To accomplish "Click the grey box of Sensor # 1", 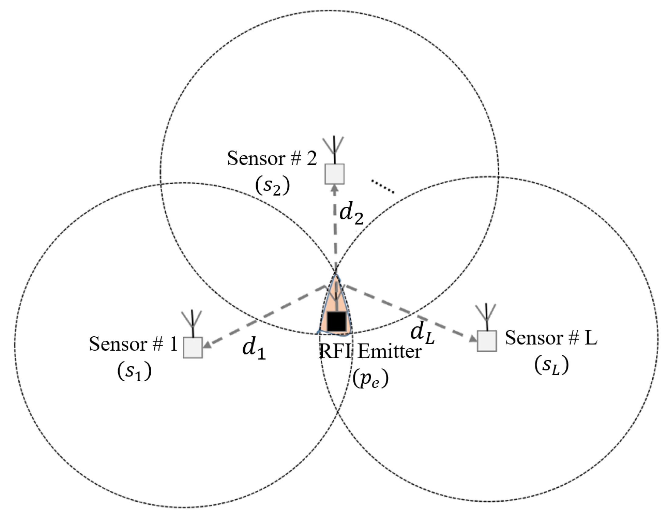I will (193, 347).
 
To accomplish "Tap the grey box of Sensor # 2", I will (334, 174).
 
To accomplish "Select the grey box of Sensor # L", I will (487, 341).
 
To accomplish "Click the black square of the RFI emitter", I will (337, 321).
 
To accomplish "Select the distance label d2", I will (351, 214).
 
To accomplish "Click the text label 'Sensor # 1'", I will (133, 344).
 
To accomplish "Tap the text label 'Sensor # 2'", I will (272, 159).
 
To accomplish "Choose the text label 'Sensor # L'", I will (551, 338).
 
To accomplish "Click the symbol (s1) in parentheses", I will (134, 371).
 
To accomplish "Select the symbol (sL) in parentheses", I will (552, 365).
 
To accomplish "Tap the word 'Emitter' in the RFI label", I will (389, 352).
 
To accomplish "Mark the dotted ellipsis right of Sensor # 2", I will (382, 186).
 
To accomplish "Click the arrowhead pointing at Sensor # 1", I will (207, 345).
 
